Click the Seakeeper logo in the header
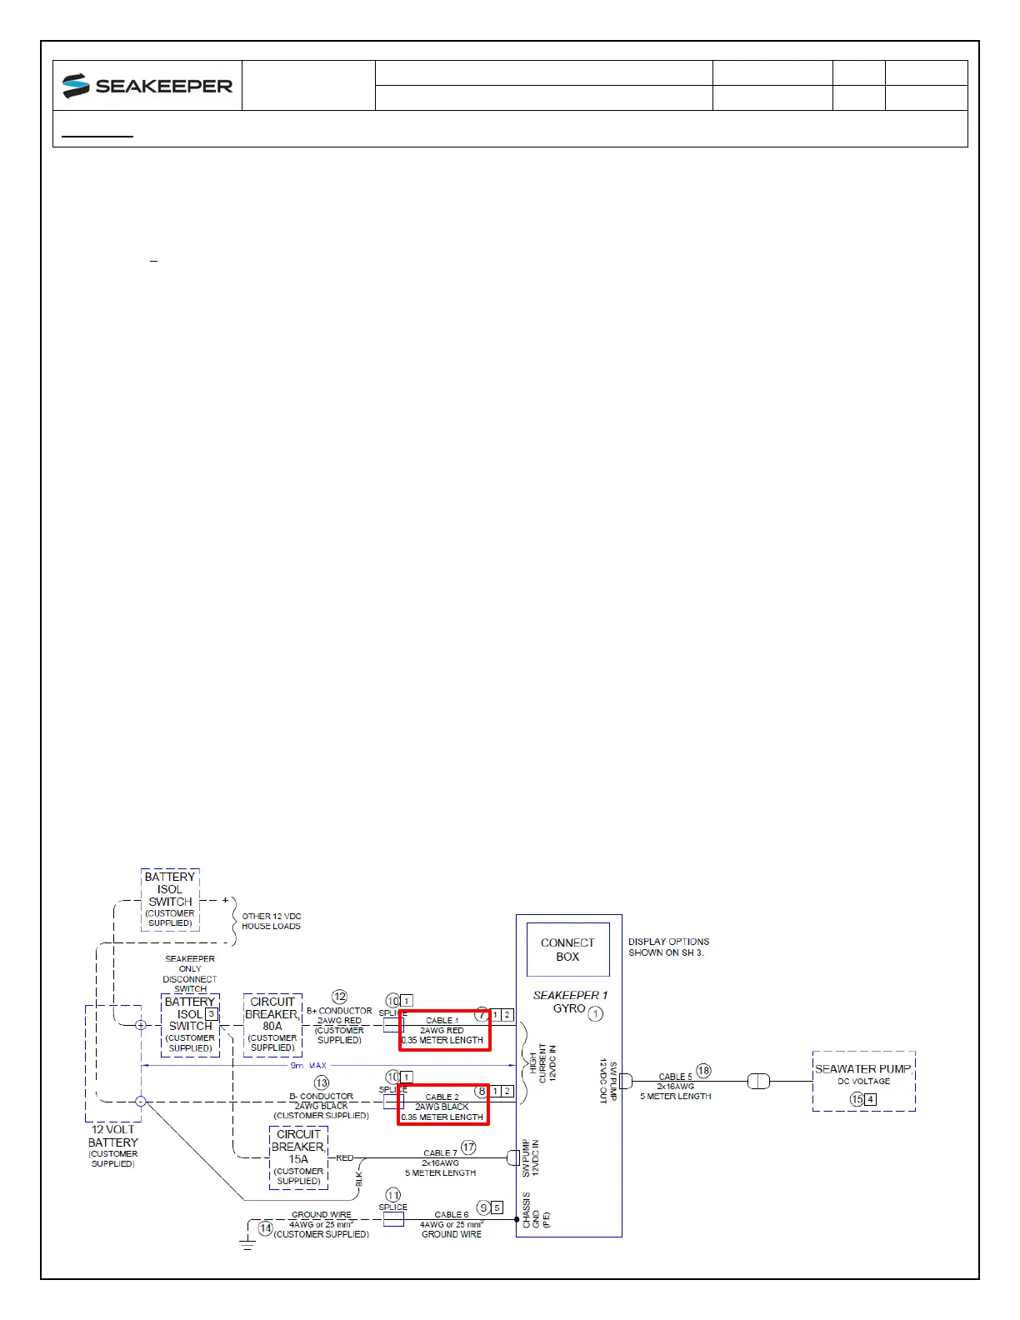point(147,86)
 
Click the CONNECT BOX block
point(567,949)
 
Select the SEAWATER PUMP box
point(863,1081)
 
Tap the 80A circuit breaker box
point(272,1025)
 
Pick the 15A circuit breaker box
point(298,1157)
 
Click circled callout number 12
point(339,997)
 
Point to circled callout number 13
point(322,1083)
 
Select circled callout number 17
point(468,1147)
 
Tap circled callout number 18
point(703,1071)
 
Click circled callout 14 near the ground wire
point(266,1228)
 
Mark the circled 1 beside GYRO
point(595,1014)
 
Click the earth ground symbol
point(247,1245)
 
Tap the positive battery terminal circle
point(141,1025)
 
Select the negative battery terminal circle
point(141,1101)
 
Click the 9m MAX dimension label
point(308,1066)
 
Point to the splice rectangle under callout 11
point(392,1219)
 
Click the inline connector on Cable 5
point(758,1082)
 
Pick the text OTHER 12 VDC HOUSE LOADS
point(271,921)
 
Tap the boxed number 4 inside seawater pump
point(871,1099)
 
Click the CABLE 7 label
point(439,1153)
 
